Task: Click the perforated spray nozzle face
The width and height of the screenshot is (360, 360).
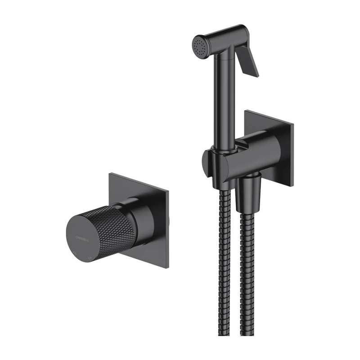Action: click(x=199, y=45)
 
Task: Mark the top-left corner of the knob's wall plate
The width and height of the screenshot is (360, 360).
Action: click(x=110, y=173)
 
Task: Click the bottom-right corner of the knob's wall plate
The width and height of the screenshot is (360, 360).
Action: click(x=167, y=269)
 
